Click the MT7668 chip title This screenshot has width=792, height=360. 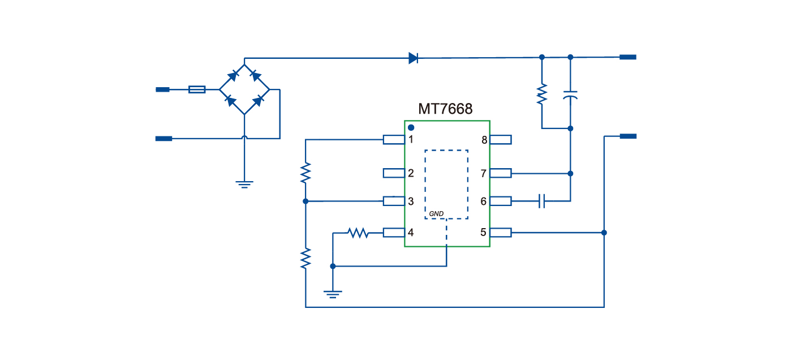(x=445, y=109)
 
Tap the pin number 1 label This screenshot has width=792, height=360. (x=411, y=139)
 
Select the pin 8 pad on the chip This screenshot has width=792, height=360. (x=501, y=139)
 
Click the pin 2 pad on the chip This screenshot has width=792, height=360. (x=394, y=173)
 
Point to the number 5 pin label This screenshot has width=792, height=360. (x=483, y=232)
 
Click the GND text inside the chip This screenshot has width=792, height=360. (x=436, y=213)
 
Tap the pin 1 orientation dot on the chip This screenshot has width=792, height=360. (x=411, y=128)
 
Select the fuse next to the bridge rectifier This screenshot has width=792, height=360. (x=196, y=89)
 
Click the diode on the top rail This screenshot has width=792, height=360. (x=413, y=57)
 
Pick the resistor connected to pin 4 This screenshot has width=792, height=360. (x=358, y=233)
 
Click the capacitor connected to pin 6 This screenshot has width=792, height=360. (x=542, y=200)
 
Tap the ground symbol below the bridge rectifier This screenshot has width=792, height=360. (x=244, y=183)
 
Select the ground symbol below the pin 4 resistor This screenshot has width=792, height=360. (x=333, y=293)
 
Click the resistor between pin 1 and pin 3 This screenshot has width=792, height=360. (x=305, y=173)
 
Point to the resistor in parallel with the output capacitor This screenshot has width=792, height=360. (x=542, y=93)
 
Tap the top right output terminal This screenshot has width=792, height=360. (x=628, y=57)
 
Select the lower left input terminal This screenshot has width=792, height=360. (x=163, y=138)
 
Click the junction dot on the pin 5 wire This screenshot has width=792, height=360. (x=604, y=233)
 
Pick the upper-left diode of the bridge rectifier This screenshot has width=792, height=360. (x=232, y=75)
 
